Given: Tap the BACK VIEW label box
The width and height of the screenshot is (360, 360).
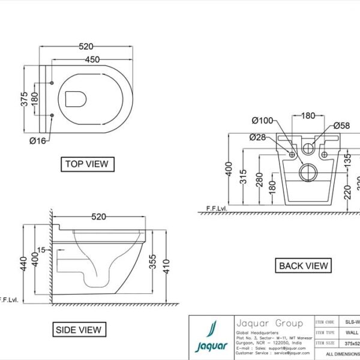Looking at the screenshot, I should pos(304,265).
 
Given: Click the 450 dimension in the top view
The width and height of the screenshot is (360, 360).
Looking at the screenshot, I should pos(92,59).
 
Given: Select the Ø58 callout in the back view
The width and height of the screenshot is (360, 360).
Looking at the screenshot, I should pos(341,125).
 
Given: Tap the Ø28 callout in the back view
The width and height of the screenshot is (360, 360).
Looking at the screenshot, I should pos(257,137).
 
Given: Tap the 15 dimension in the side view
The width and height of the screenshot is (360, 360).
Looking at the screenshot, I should pos(41,250).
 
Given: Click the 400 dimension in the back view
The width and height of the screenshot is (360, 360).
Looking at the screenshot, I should pos(228,171).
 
